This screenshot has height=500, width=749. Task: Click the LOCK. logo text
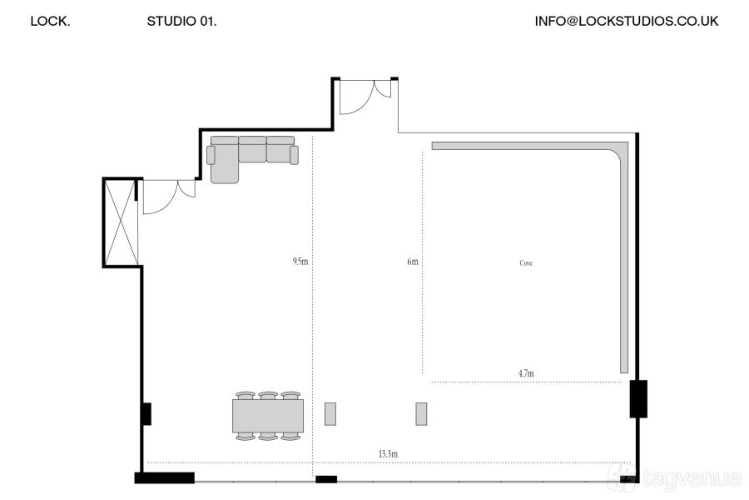pos(50,21)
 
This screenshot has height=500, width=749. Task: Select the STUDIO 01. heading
pos(181,21)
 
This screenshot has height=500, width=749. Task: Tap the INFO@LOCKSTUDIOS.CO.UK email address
pos(626,21)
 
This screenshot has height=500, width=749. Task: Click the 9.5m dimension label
pos(300,261)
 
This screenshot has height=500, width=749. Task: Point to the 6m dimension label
pos(412,261)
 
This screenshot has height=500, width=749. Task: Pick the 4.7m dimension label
pos(526,373)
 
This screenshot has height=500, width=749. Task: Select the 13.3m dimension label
pos(388,453)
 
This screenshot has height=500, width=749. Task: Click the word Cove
pos(526,262)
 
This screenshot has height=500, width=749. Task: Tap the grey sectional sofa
pos(252,153)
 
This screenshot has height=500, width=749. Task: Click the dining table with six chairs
pos(267,416)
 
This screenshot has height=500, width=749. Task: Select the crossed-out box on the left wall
pos(121,222)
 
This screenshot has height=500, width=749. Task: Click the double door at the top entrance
pos(365,96)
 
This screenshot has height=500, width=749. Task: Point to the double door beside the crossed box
pos(169,196)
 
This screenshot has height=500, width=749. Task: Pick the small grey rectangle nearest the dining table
pos(330,414)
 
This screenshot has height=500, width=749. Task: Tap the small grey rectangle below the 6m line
pos(421,414)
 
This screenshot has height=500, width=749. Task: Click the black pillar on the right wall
pos(638,398)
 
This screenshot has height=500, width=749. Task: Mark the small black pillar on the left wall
pos(146,414)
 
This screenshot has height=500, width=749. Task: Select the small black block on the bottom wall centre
pos(326,479)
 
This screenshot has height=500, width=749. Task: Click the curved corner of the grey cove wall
pos(620,150)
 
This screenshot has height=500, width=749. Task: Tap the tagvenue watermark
pos(674,477)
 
